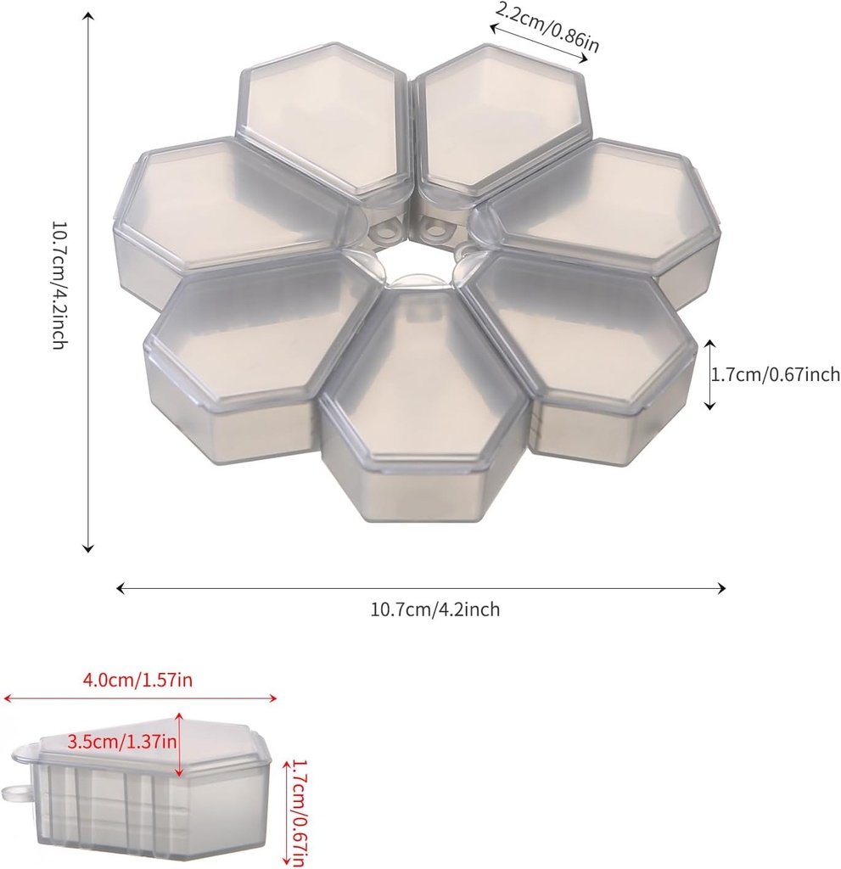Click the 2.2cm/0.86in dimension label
coord(547,27)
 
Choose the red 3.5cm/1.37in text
coord(121,741)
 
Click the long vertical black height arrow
coord(87,286)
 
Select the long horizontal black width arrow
coord(421,588)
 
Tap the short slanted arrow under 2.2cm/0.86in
coord(539,43)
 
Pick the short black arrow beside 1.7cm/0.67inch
coord(710,374)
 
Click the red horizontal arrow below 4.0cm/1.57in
coord(141,698)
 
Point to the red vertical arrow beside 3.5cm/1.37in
coord(180,744)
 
